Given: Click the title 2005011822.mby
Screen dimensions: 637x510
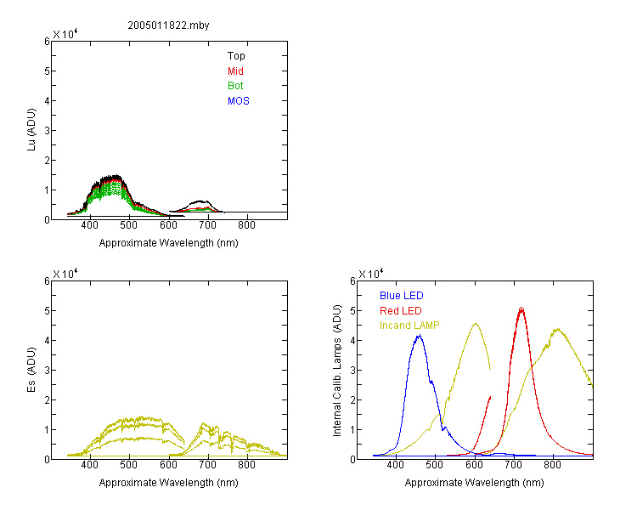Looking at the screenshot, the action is coord(168,25).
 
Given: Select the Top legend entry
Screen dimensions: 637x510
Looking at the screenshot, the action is coord(236,56).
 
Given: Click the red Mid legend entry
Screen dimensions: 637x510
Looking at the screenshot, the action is coord(235,71).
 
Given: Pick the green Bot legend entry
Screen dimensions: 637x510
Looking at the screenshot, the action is coord(235,86).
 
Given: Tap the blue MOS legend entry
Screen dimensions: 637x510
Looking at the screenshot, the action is coord(239,101).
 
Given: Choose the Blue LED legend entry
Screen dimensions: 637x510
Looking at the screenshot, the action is coord(402,296).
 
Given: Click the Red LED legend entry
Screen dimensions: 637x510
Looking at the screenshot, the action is coord(401,311).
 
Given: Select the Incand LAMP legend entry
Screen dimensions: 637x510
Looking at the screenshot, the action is coord(409,326).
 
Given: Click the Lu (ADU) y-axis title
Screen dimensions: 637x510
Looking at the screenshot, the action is coord(31,130).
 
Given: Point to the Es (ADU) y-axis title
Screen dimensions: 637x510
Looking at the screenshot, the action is coord(31,370).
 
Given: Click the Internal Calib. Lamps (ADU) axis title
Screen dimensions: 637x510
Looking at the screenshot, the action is coord(337,371).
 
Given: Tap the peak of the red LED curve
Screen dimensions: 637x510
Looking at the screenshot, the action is coord(521,309).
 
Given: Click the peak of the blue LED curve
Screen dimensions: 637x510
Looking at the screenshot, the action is coord(420,336).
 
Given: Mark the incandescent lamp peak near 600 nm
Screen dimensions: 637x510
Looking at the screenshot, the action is coord(476,324).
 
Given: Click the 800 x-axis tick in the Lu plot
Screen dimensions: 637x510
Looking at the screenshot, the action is coord(246,226).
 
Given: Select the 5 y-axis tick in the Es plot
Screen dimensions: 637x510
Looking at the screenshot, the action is coord(47,311).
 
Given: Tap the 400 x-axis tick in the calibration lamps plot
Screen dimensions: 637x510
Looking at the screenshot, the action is coord(395,465).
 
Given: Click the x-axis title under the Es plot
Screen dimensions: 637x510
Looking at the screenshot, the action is coord(169,483).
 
